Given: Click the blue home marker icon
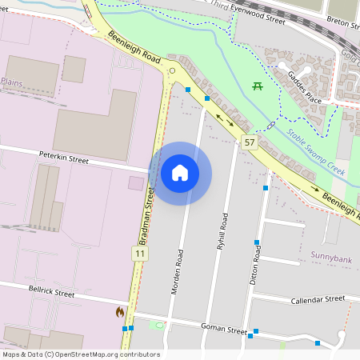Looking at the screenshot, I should pyautogui.click(x=180, y=173).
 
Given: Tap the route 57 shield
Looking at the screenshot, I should pyautogui.click(x=250, y=142).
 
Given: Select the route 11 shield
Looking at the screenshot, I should pyautogui.click(x=141, y=254).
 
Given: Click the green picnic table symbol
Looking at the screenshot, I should pyautogui.click(x=258, y=86).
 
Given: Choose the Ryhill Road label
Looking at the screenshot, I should pyautogui.click(x=222, y=233).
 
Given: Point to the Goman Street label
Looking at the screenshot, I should pyautogui.click(x=224, y=329).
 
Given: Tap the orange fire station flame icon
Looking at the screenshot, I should pyautogui.click(x=120, y=311).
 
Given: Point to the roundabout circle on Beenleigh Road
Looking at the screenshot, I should pyautogui.click(x=172, y=71).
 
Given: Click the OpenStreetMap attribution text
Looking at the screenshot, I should pyautogui.click(x=81, y=354).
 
